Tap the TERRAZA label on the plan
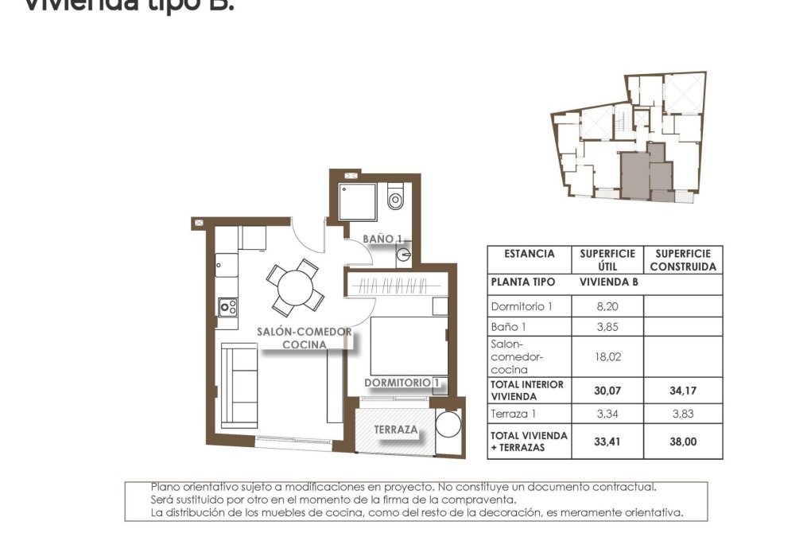[396, 430]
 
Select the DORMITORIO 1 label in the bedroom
[402, 383]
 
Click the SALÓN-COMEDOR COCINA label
[305, 338]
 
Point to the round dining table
[295, 288]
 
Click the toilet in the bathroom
[395, 200]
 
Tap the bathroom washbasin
[404, 255]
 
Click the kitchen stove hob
[228, 305]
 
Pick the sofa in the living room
[239, 386]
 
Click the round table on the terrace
[448, 425]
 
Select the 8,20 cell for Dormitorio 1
[607, 306]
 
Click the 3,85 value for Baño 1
[607, 327]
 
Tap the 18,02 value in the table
[607, 358]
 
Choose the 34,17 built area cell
[683, 391]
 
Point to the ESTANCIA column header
[530, 254]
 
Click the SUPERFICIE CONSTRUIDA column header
[683, 260]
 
